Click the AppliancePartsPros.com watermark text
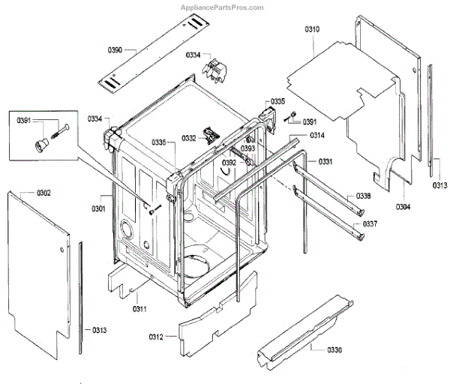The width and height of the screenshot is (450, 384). click(223, 7)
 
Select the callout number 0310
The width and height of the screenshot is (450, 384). click(312, 28)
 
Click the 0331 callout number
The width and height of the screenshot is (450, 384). click(325, 162)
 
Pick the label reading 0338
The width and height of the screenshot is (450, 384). click(362, 196)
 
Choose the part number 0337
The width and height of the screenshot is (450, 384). click(370, 224)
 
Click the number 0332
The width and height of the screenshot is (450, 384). click(188, 138)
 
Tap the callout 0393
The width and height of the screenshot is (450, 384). click(248, 148)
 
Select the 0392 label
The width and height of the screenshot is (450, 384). click(229, 162)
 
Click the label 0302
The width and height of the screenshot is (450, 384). click(43, 193)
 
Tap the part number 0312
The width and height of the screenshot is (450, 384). click(156, 337)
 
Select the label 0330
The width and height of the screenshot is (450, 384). click(334, 349)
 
